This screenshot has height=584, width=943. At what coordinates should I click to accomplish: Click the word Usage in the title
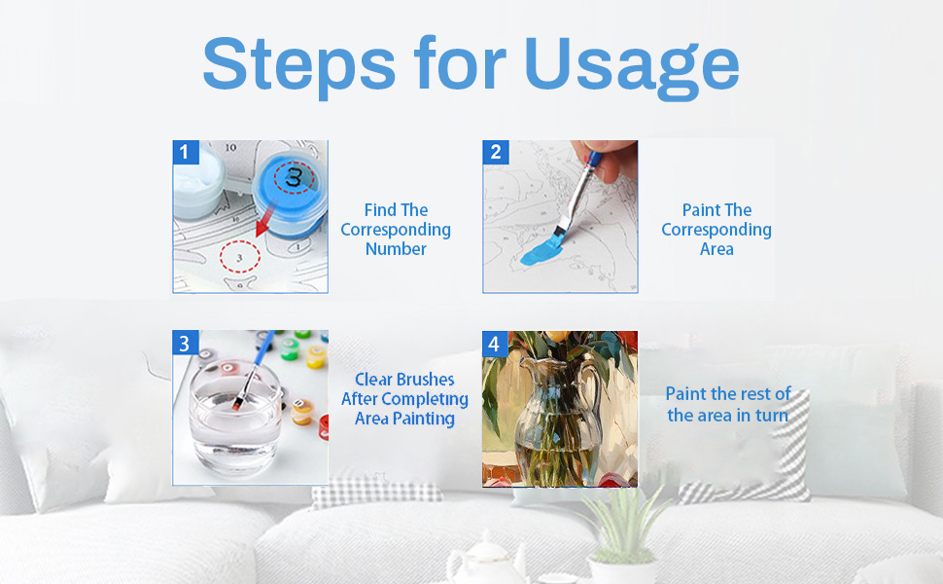(632, 66)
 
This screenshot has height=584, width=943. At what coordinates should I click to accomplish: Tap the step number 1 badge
(186, 152)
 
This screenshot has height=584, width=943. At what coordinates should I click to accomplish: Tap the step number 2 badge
(496, 152)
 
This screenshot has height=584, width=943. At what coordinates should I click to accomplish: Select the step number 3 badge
(185, 343)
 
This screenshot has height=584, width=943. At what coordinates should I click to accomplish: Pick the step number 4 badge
(495, 344)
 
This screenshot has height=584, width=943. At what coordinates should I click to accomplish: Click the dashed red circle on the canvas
(239, 257)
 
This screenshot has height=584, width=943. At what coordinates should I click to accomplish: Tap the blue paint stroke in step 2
(541, 250)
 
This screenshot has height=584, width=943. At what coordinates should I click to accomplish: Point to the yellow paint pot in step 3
(316, 357)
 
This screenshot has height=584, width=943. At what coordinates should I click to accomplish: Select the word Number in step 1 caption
(396, 248)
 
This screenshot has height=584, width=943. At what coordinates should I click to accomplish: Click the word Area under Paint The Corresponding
(716, 248)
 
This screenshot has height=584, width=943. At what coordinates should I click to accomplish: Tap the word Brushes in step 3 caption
(425, 380)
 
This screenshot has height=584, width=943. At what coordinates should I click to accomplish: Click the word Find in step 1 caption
(380, 209)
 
